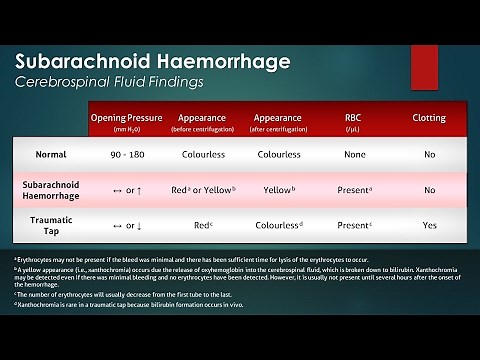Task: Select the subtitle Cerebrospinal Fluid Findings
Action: (x=117, y=83)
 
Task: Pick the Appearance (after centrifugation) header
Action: (x=279, y=122)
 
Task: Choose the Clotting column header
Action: (x=429, y=118)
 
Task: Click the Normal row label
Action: (x=50, y=155)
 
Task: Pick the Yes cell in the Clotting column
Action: (x=429, y=225)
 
